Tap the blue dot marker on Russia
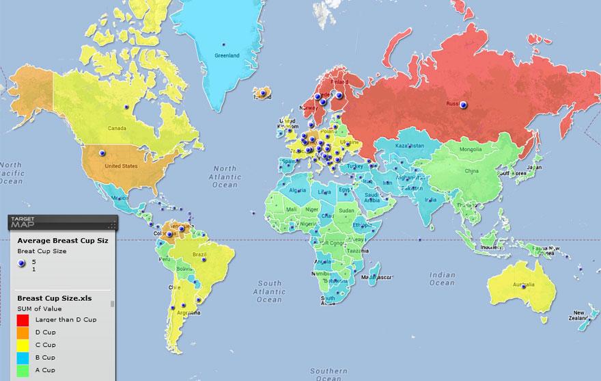point(464,105)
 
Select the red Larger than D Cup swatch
point(23,320)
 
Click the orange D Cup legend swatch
point(23,332)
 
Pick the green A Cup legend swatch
point(23,369)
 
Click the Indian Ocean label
point(441,278)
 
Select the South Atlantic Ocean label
point(269,291)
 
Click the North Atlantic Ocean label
point(225,176)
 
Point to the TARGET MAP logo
point(25,222)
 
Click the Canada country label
point(118,128)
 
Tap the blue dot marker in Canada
point(126,107)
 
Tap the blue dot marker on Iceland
point(262,91)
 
